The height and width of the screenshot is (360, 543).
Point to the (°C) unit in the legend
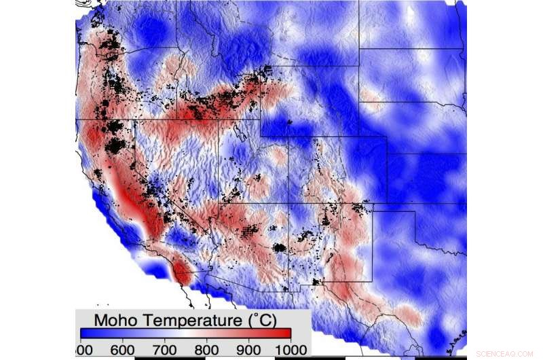(x=261, y=319)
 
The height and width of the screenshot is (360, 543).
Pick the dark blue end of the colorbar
(x=86, y=333)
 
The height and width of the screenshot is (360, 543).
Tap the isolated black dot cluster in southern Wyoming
(x=289, y=122)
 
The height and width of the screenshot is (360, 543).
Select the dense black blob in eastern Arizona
(x=278, y=247)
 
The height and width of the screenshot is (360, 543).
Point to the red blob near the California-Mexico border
(x=182, y=273)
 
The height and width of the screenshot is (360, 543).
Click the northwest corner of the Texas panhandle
(x=373, y=203)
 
